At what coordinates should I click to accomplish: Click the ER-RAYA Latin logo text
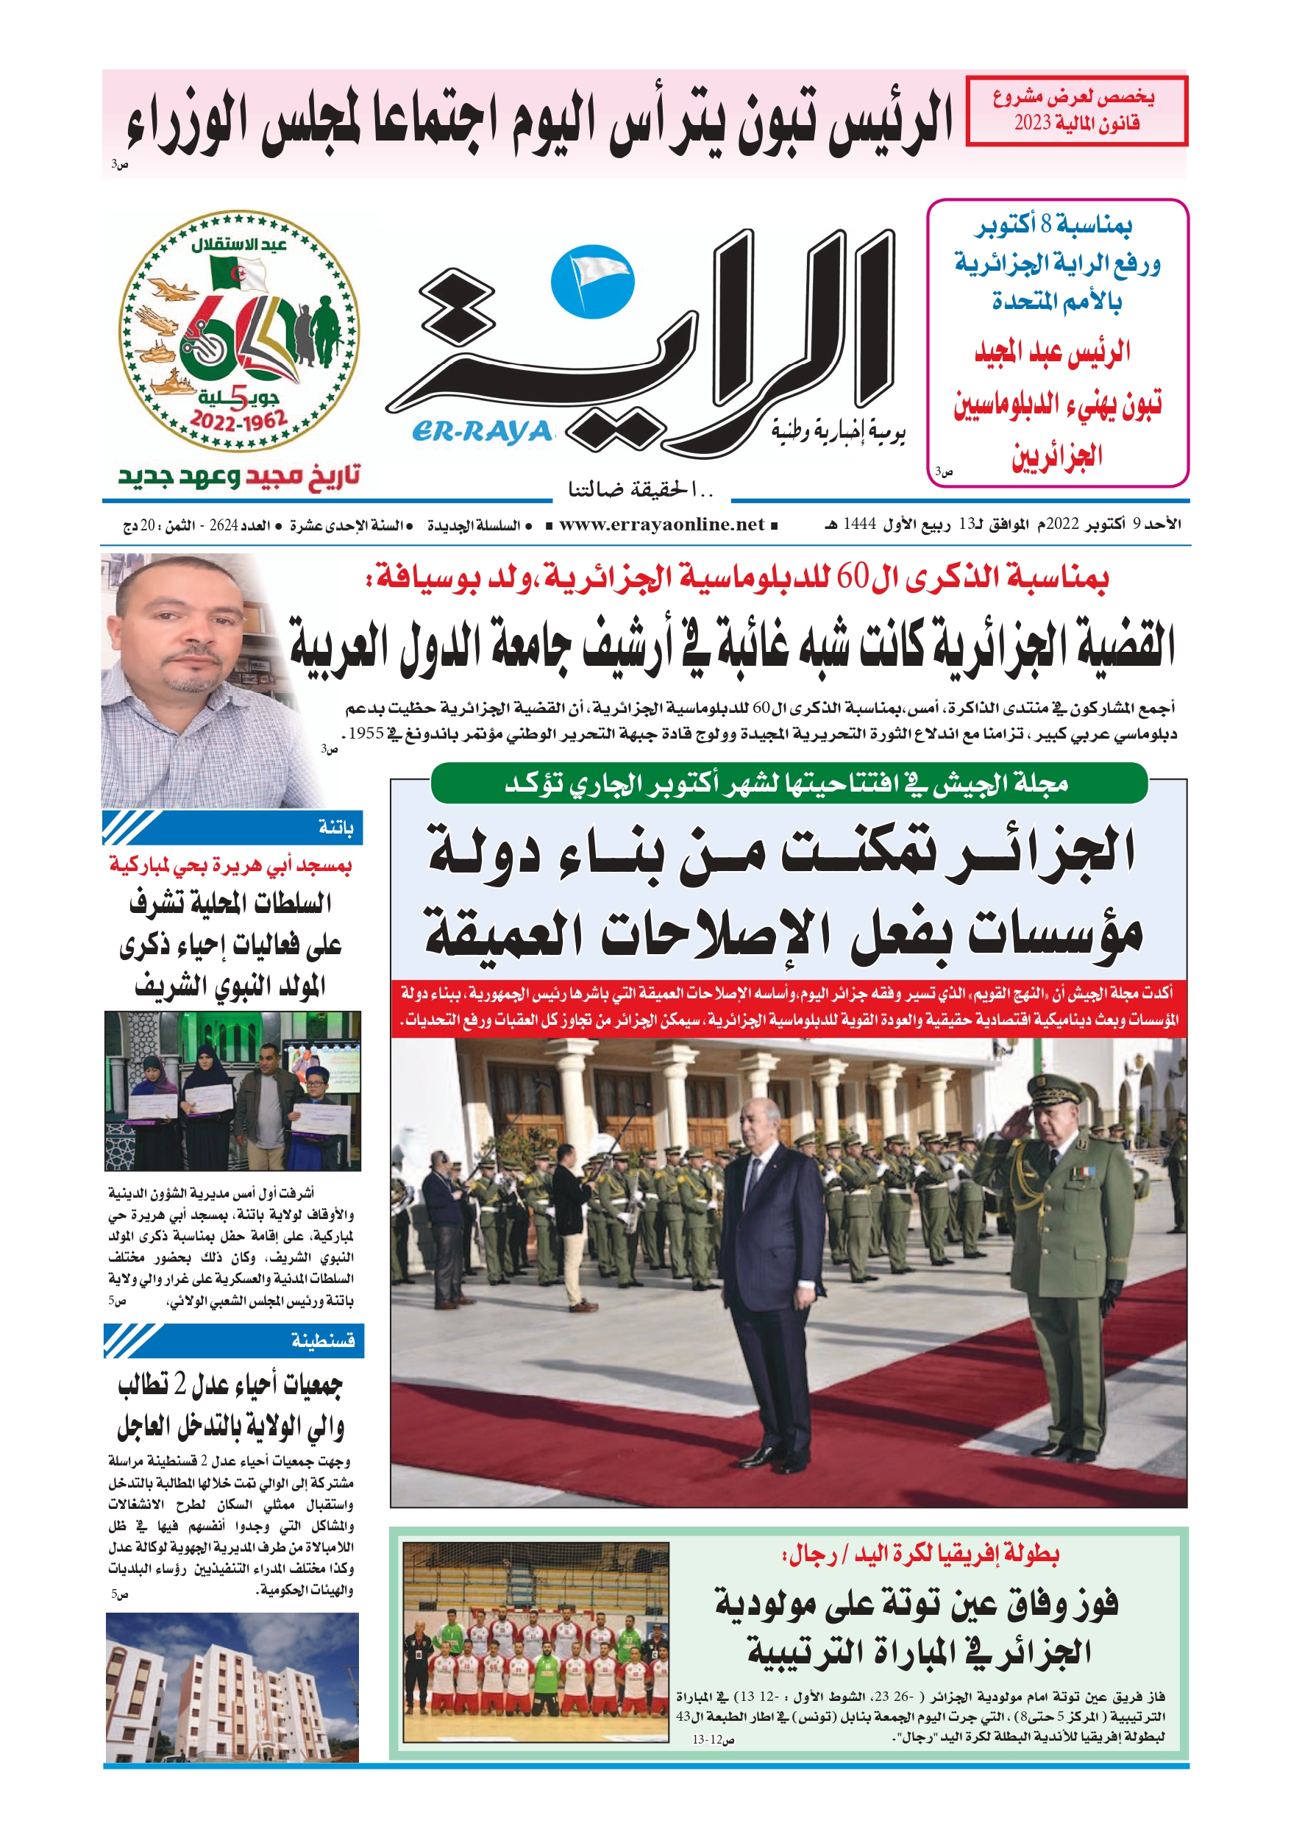[x=482, y=431]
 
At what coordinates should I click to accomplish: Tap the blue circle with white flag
[x=592, y=283]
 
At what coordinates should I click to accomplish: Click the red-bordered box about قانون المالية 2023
[x=1075, y=111]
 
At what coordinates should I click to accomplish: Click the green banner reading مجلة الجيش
[x=788, y=784]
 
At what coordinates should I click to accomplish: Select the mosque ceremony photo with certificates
[x=232, y=1091]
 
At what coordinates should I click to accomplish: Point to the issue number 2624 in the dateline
[x=224, y=526]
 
